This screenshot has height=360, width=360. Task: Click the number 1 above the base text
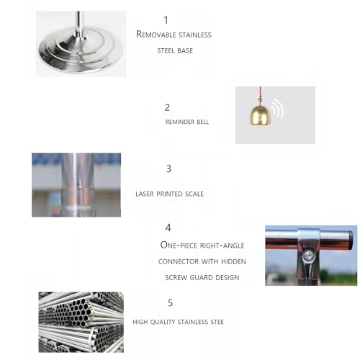pos(166,20)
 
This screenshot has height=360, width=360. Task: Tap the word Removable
pos(156,35)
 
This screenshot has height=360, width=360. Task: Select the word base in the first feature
pos(184,50)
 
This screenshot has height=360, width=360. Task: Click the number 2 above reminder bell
pos(167,107)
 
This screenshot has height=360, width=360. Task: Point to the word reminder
pos(180,122)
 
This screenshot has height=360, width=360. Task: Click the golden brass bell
pos(261,115)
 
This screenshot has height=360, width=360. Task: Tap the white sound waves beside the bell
pos(277,109)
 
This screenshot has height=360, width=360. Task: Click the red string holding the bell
pos(261,95)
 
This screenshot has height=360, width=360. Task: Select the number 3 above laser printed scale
pos(168,168)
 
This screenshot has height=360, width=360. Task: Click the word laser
pos(145,194)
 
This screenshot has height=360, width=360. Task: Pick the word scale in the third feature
pos(194,194)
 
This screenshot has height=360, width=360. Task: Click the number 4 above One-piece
pos(168,228)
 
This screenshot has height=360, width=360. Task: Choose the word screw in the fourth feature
pos(176,277)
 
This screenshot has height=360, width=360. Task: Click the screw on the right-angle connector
pos(308,256)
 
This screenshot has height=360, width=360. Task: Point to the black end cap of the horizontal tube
pos(351,239)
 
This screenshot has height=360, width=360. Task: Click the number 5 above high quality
pos(170,303)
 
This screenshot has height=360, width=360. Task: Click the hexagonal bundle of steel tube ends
pos(81,312)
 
